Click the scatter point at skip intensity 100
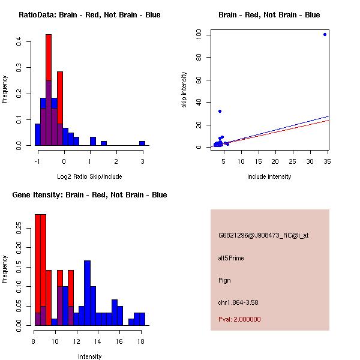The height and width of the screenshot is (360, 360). [325, 34]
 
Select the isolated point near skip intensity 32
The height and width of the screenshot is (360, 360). [220, 111]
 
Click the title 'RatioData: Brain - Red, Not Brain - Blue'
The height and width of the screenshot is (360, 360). [89, 14]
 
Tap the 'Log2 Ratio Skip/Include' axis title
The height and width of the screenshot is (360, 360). [89, 176]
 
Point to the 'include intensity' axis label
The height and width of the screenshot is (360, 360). [269, 176]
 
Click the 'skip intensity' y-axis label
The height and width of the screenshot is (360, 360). [185, 90]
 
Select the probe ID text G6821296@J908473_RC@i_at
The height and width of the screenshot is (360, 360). [263, 236]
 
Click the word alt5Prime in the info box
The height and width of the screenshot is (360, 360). [231, 258]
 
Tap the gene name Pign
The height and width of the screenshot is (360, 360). [224, 280]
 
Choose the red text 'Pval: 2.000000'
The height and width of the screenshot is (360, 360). [239, 319]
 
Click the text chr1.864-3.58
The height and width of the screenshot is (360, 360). [238, 302]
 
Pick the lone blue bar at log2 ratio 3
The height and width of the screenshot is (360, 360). [142, 143]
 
